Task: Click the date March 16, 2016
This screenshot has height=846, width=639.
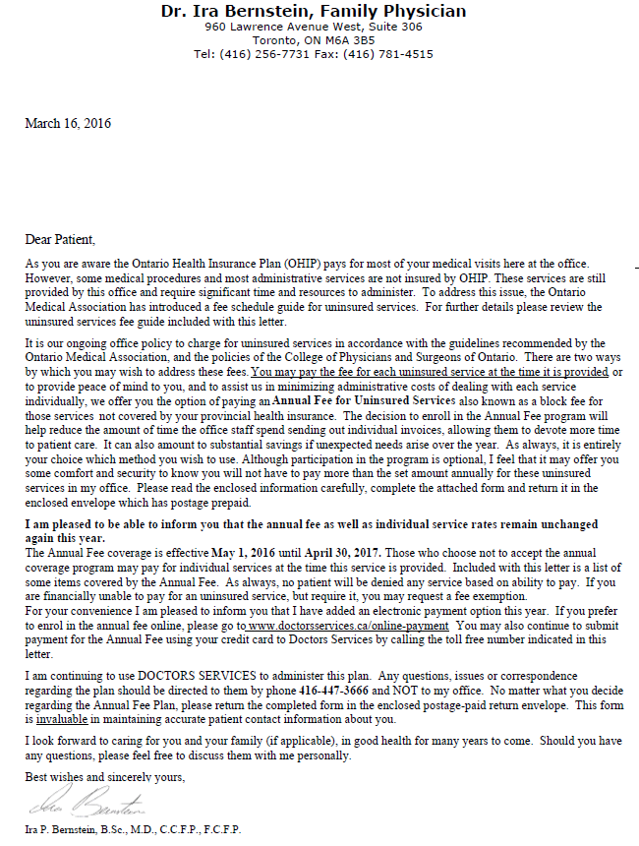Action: [x=68, y=124]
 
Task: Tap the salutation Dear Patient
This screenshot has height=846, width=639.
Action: [x=61, y=239]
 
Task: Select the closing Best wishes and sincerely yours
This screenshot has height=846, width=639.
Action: [x=105, y=777]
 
